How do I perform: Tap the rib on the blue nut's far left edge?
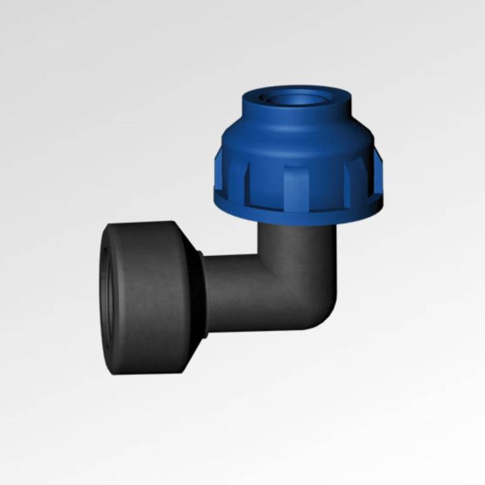[220, 171]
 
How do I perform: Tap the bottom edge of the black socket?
[148, 369]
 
